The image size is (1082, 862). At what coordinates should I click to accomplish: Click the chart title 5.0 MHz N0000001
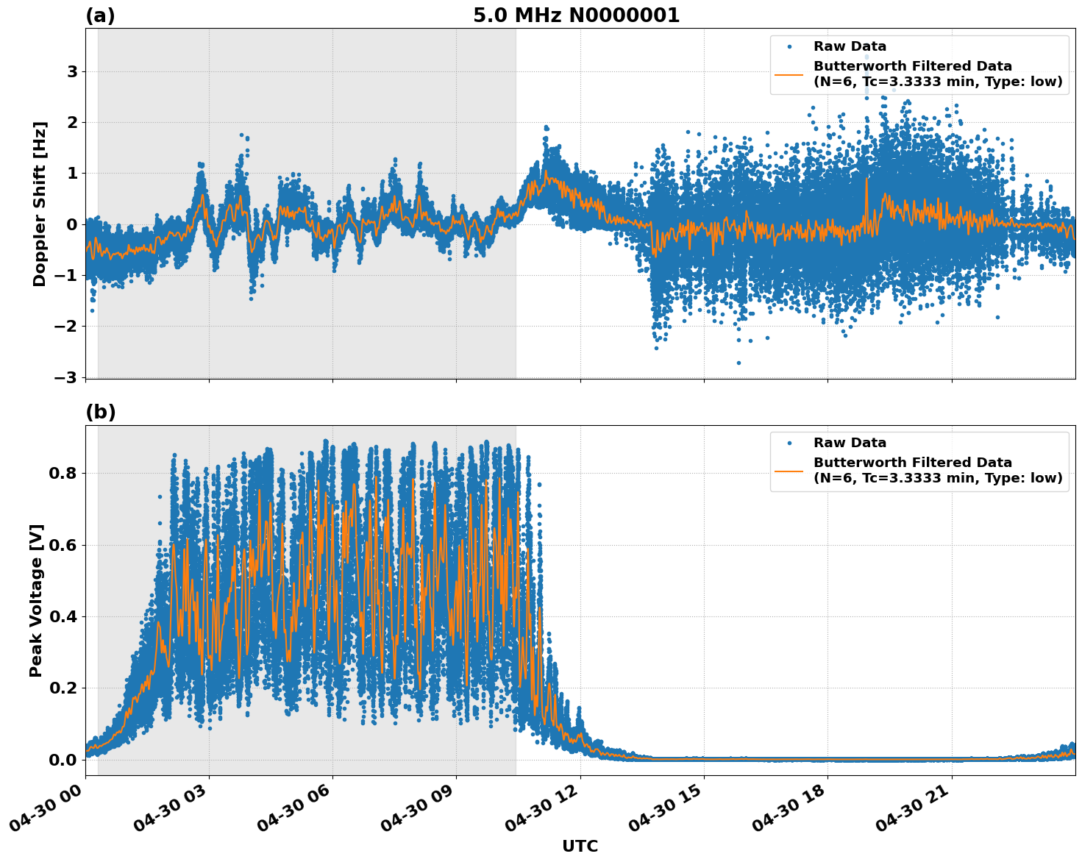[x=576, y=15]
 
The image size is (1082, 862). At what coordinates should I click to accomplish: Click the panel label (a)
[x=100, y=15]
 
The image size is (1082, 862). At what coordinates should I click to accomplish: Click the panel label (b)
[x=100, y=412]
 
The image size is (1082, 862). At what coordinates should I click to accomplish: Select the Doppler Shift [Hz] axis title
[x=40, y=204]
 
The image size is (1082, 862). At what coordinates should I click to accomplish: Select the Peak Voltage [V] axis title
[x=36, y=600]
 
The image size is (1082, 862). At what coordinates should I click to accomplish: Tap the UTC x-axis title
[x=580, y=846]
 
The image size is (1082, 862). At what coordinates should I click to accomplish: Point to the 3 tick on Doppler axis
[x=72, y=72]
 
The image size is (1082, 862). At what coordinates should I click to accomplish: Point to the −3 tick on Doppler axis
[x=67, y=377]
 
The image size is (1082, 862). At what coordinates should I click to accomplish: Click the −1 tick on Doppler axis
[x=67, y=276]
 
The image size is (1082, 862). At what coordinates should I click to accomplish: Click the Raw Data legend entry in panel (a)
[x=850, y=46]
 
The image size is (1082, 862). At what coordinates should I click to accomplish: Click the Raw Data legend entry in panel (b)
[x=850, y=443]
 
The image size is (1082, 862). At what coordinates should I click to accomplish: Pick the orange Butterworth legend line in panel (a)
[x=789, y=74]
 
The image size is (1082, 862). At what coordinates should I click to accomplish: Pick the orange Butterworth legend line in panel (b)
[x=789, y=470]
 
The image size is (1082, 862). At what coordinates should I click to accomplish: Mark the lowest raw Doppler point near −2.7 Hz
[x=738, y=363]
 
